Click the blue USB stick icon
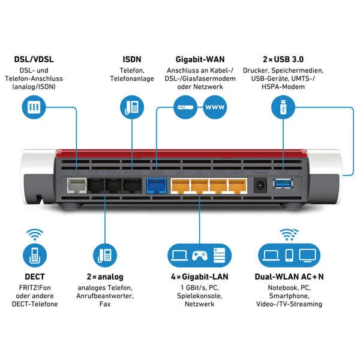(280, 108)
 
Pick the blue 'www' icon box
(216, 108)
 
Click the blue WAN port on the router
(155, 184)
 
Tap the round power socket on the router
(260, 184)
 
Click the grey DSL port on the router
(76, 185)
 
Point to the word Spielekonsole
(198, 295)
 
